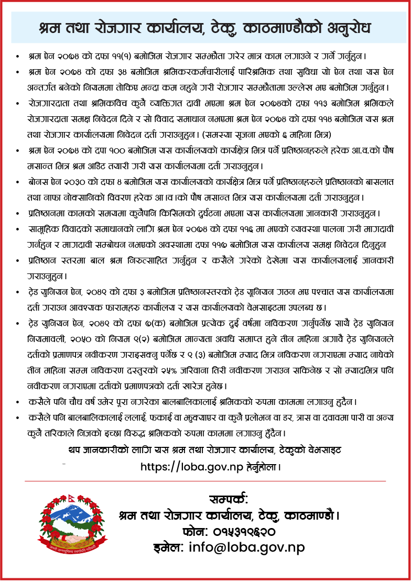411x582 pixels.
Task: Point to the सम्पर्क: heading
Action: point(228,499)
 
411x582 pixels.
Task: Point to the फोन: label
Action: point(197,532)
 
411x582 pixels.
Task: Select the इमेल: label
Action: point(168,547)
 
